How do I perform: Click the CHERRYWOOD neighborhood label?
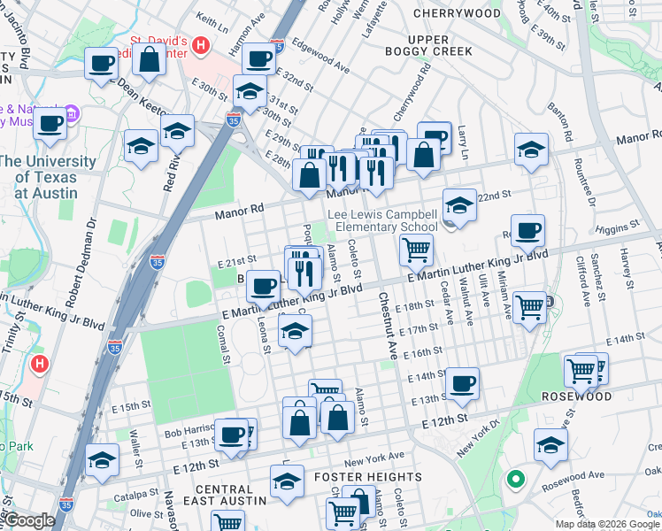pyautogui.click(x=457, y=13)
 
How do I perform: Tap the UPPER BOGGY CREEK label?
pyautogui.click(x=441, y=45)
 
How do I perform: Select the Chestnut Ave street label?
pyautogui.click(x=388, y=326)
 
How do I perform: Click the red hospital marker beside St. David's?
pyautogui.click(x=201, y=45)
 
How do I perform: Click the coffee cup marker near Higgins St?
pyautogui.click(x=527, y=231)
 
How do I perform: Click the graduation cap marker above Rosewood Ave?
pyautogui.click(x=550, y=445)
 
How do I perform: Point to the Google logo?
pyautogui.click(x=29, y=520)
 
